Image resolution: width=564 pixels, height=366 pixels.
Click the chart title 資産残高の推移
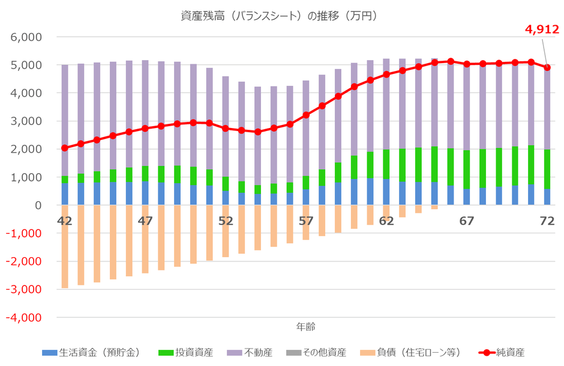click(282, 16)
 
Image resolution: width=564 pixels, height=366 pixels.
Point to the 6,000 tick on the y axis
click(26, 37)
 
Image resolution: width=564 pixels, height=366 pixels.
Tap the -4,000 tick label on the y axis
click(23, 317)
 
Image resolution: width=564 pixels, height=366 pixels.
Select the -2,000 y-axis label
click(23, 261)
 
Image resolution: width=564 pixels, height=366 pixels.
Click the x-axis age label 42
click(65, 221)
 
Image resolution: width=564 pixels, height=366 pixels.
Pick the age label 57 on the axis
click(306, 221)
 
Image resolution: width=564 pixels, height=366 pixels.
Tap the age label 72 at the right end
click(547, 221)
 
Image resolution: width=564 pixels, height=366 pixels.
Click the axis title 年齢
click(306, 327)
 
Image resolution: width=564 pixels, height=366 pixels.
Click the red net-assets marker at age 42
click(65, 148)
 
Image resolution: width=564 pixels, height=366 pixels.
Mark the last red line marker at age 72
click(547, 67)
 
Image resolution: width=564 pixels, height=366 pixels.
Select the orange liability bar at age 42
click(65, 246)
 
